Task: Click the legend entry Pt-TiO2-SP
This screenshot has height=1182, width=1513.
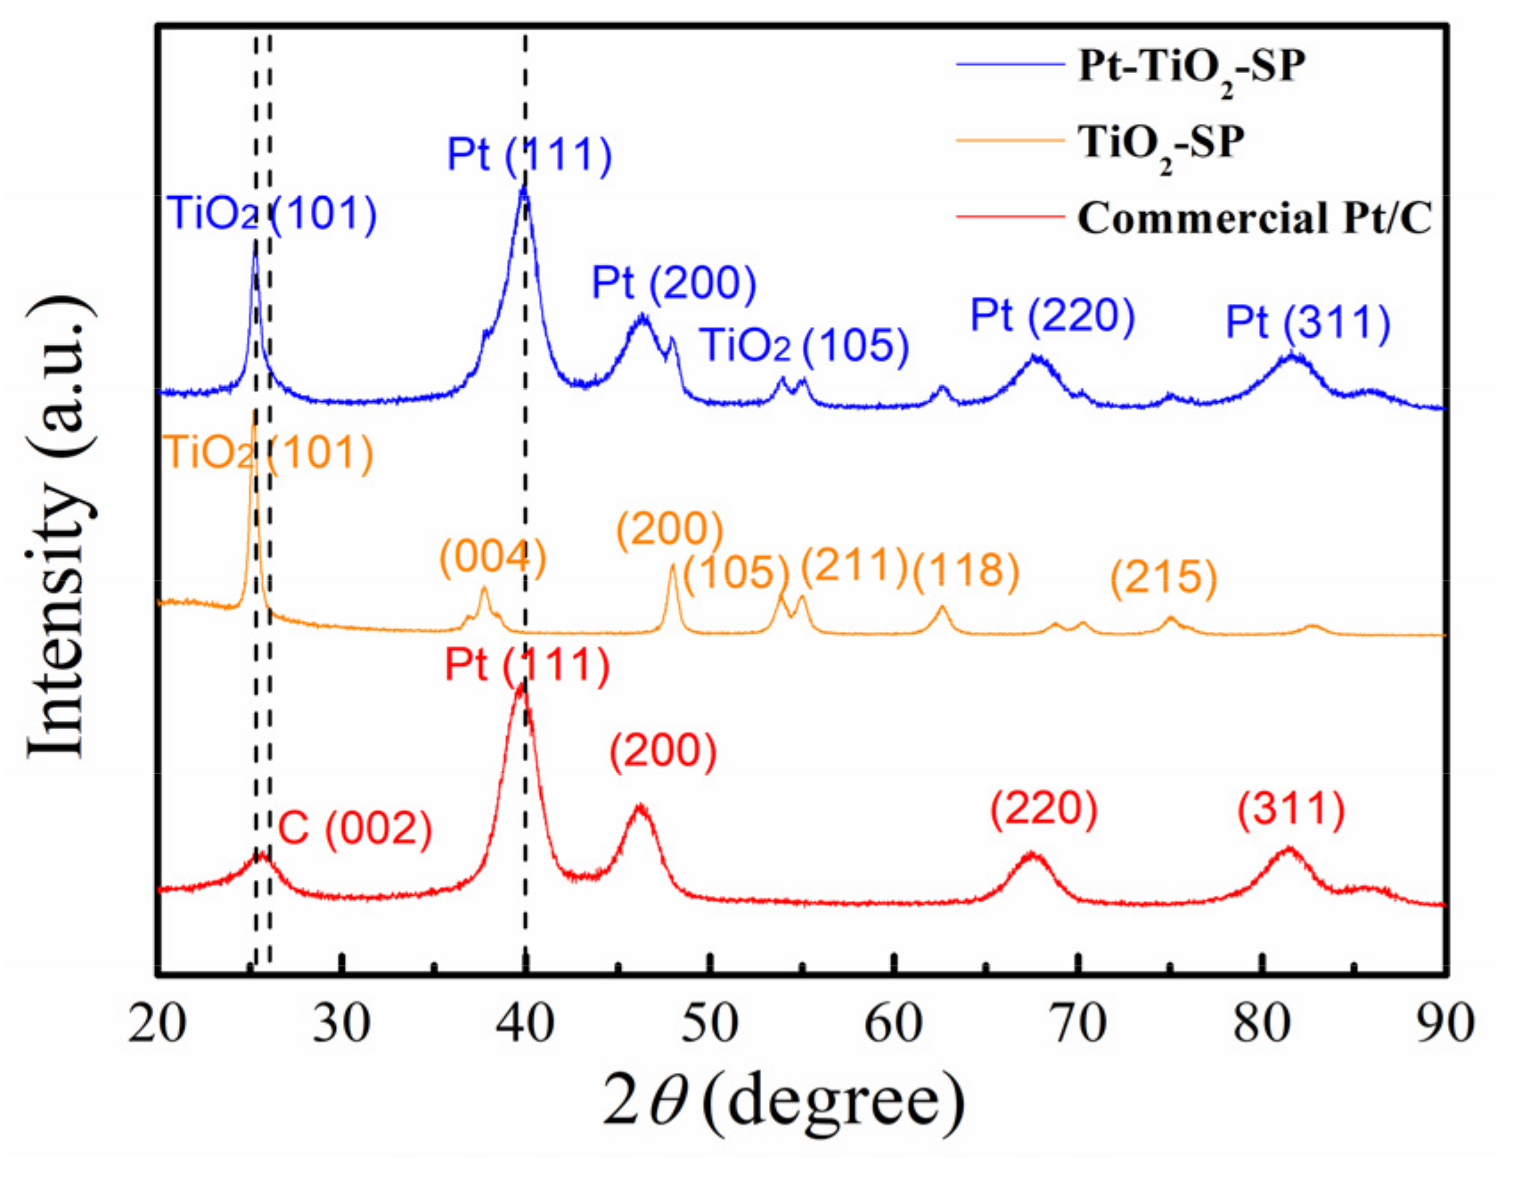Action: click(1191, 67)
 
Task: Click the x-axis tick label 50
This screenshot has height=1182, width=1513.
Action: click(710, 1023)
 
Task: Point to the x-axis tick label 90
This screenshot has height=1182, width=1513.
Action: click(1443, 1023)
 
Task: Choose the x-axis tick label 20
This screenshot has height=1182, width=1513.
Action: click(158, 1023)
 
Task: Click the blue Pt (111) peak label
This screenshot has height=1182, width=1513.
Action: click(529, 154)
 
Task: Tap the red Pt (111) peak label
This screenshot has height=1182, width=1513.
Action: click(527, 665)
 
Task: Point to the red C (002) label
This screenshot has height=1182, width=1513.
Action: click(355, 829)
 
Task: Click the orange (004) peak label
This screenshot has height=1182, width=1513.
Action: click(492, 558)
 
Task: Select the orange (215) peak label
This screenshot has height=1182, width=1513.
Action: click(1163, 578)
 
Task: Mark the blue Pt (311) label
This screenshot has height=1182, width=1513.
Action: click(1307, 322)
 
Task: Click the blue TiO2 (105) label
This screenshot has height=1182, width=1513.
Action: click(804, 346)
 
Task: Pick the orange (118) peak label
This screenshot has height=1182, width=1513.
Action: click(965, 570)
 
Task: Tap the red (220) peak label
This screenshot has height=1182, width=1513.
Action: click(1043, 809)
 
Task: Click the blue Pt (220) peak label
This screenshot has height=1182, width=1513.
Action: click(1052, 316)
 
